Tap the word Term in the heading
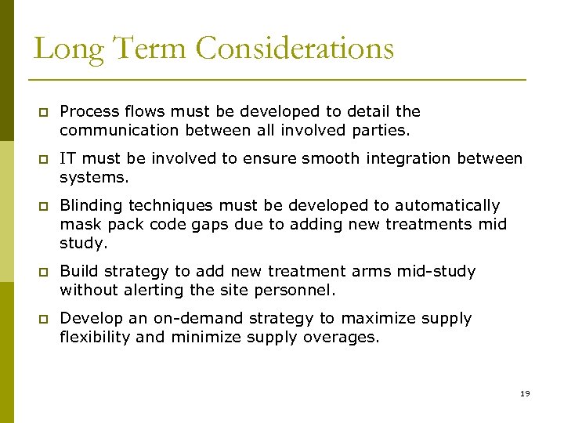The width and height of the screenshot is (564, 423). pos(143,49)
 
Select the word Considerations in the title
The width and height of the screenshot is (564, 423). pos(295,49)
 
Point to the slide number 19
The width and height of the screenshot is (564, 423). pos(524,393)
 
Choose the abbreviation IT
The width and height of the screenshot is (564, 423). pos(67,158)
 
